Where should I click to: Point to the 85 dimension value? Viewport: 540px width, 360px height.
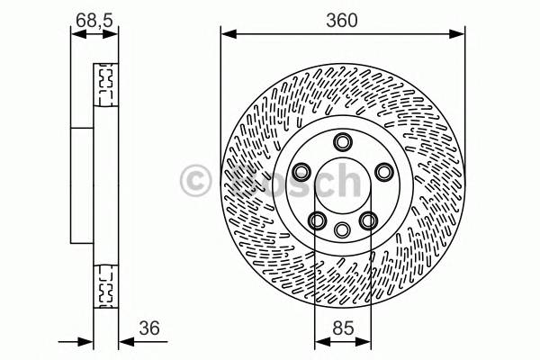tap(341, 328)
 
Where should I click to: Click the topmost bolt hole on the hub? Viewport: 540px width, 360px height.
tap(342, 142)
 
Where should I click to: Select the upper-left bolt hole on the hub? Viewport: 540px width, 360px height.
tap(301, 171)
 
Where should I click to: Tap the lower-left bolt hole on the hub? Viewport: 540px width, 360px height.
tap(317, 219)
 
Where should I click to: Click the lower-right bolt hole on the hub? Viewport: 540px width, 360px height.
tap(367, 219)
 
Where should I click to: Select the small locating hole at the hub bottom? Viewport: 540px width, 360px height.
tap(342, 229)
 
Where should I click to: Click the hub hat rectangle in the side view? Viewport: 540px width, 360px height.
tap(83, 185)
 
